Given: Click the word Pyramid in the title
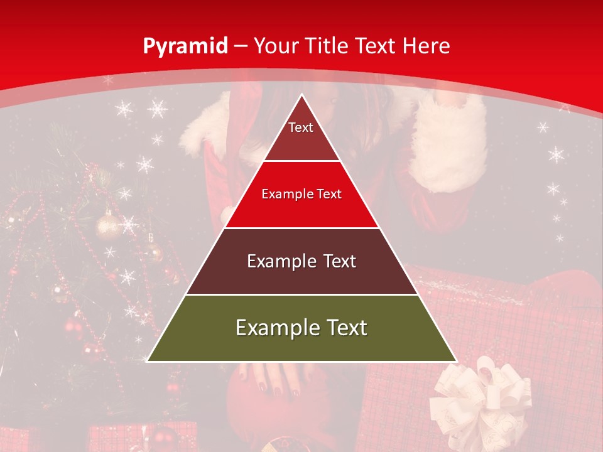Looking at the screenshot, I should (185, 46).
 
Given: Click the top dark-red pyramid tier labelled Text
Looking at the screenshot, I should (301, 135).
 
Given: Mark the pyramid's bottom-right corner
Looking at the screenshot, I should (456, 361).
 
